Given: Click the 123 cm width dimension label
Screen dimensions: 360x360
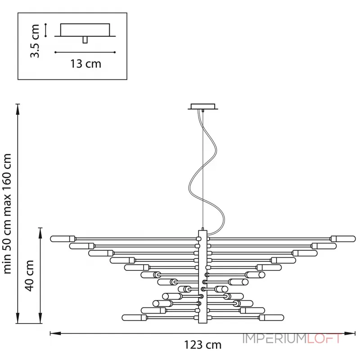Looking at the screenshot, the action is tap(203, 345).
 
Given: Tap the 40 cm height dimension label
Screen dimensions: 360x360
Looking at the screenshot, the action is tap(30, 275).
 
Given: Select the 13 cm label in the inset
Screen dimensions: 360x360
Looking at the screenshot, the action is tap(85, 63).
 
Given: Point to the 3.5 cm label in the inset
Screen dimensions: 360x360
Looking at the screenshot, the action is tap(35, 40).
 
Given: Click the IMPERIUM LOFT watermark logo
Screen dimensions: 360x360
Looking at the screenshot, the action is tap(292, 339).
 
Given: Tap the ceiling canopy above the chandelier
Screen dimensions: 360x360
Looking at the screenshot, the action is tap(203, 107).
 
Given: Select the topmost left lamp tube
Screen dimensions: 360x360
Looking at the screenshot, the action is tap(63, 239).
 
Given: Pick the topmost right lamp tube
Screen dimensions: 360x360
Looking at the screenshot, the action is tap(343, 239).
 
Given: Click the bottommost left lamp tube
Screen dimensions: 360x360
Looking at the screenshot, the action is tap(134, 318).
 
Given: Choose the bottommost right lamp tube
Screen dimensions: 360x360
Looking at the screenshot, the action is tap(272, 318).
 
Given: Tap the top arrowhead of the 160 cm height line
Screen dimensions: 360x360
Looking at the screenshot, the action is tap(18, 109).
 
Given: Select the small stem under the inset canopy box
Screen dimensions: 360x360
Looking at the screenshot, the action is tap(85, 40).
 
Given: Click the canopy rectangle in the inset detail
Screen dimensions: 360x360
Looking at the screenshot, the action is tap(85, 30).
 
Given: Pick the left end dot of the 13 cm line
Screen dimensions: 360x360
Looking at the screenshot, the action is tap(55, 52).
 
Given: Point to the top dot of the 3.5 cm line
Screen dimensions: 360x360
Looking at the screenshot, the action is tap(46, 24).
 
